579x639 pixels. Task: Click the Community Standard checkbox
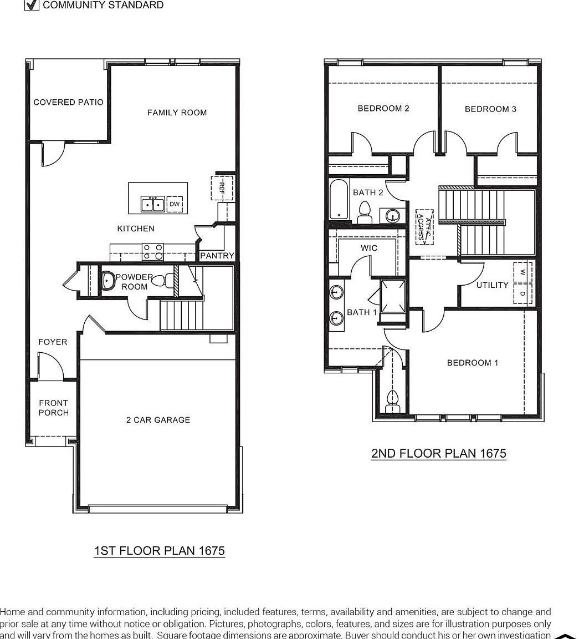tap(32, 5)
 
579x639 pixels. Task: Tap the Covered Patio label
tap(68, 102)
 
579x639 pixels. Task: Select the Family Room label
tap(177, 113)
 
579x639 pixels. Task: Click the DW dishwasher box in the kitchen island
tap(175, 204)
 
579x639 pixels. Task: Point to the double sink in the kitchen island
tap(152, 204)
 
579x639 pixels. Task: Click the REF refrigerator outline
tap(222, 187)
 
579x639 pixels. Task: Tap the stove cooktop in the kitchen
tap(152, 252)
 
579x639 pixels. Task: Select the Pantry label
tap(217, 256)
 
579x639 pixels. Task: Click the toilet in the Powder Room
tap(161, 281)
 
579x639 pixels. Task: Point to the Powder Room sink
tap(107, 280)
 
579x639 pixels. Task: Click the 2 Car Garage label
tap(158, 420)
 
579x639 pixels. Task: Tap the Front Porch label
tap(54, 408)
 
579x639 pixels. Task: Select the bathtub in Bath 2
tap(337, 199)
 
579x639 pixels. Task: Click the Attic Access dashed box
tap(424, 226)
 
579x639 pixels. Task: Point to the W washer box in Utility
tap(522, 272)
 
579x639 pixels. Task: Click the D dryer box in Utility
tap(522, 293)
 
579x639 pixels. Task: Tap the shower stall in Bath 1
tap(393, 297)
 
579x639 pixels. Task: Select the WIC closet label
tap(369, 248)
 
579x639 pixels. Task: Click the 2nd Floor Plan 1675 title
tap(438, 453)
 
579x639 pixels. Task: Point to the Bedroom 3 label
tap(490, 109)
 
